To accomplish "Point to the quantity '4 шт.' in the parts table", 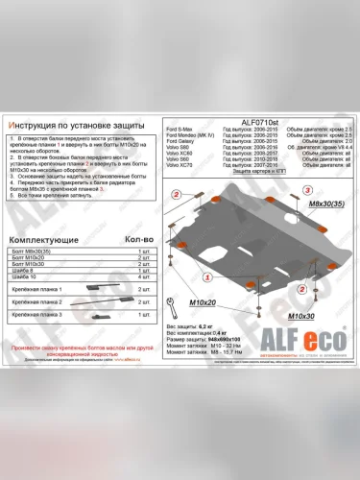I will click(x=145, y=276).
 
